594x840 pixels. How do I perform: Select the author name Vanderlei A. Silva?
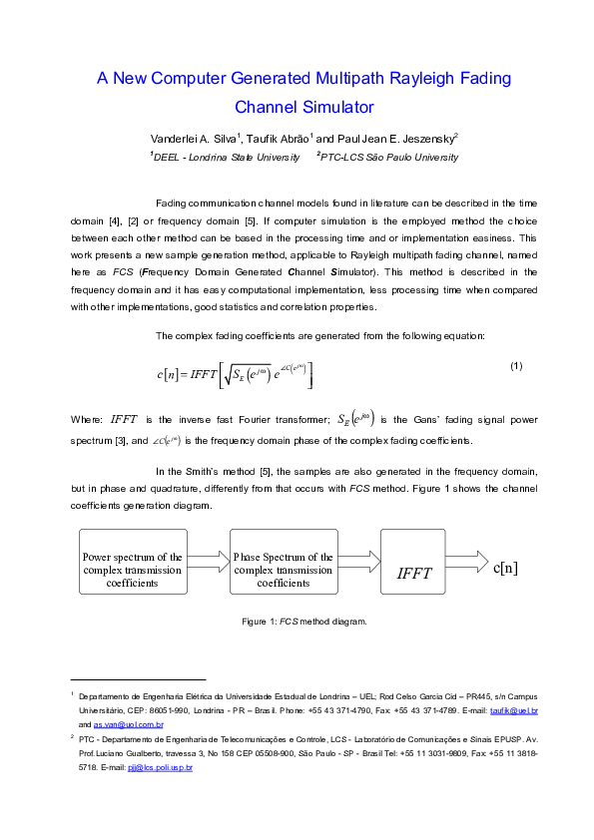(190, 139)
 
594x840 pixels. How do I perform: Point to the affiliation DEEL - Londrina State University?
(225, 157)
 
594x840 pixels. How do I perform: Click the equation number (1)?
(516, 365)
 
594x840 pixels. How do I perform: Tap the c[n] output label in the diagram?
(505, 567)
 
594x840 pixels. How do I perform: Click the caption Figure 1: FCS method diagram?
(304, 622)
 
